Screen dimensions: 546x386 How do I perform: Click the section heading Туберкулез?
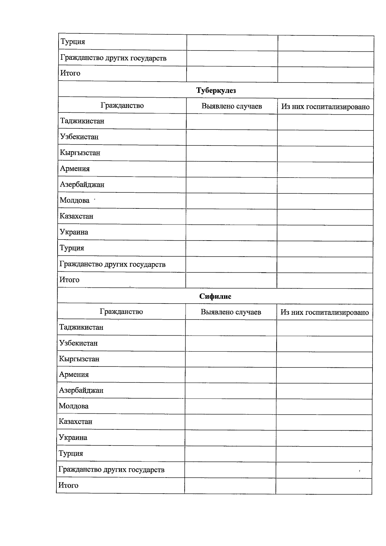pos(216,91)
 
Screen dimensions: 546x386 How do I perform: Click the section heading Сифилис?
pos(215,296)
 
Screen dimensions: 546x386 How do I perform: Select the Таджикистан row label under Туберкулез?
pos(82,121)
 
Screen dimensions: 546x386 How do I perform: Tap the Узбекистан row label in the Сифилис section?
pos(78,343)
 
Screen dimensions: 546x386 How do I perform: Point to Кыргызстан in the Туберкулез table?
pos(80,153)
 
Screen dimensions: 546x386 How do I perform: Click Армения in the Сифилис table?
pos(74,374)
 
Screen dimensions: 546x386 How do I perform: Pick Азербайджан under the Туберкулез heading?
pos(82,184)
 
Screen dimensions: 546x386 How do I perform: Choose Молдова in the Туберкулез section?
pos(75,200)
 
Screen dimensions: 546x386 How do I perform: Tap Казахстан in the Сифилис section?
pos(76,421)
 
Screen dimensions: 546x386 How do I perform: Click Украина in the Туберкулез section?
pos(74,232)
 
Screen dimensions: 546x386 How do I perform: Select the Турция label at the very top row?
pos(73,42)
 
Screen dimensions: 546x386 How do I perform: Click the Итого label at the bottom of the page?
pos(68,485)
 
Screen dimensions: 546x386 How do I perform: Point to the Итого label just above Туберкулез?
pos(70,73)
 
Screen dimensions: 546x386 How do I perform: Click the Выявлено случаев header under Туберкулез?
pos(232,106)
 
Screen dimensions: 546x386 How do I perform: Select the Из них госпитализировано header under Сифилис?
pos(325,313)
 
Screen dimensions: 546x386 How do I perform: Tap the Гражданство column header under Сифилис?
pos(121,312)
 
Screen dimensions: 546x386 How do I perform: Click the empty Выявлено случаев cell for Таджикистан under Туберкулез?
pos(232,122)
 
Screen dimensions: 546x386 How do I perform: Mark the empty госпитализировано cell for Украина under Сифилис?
pos(324,438)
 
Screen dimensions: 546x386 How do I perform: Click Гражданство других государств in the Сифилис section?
pos(111,470)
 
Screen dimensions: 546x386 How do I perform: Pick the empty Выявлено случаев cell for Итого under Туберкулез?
pos(231,280)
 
